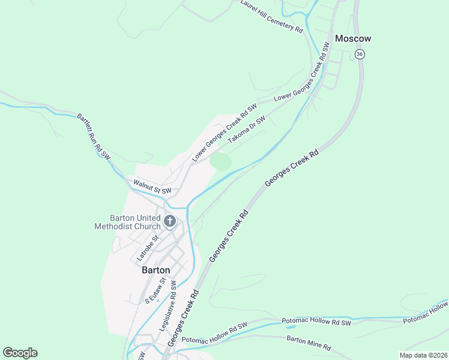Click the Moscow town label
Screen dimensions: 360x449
click(x=353, y=38)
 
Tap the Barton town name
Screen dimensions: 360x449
click(x=156, y=270)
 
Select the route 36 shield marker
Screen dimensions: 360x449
click(x=360, y=54)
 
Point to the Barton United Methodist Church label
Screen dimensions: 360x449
click(x=127, y=222)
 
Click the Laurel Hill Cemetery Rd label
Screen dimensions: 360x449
click(x=272, y=16)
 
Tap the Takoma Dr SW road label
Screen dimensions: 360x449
click(x=246, y=129)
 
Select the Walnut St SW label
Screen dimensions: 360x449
click(x=152, y=187)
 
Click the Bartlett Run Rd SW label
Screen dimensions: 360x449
click(x=94, y=136)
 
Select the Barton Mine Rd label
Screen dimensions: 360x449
click(x=309, y=343)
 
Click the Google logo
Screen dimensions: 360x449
click(x=20, y=353)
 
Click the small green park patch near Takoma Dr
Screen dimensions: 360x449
click(x=221, y=161)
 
